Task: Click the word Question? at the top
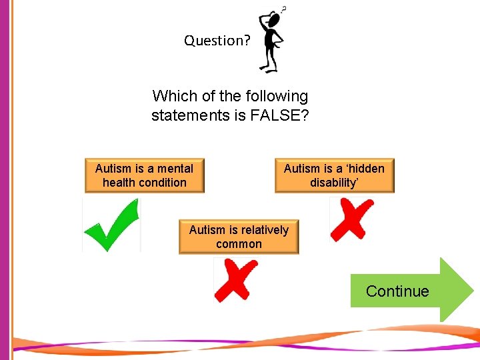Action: tap(217, 41)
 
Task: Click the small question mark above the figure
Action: tap(285, 9)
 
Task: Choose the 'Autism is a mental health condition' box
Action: tap(145, 175)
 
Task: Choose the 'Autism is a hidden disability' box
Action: tap(334, 175)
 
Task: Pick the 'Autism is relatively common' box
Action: tap(239, 237)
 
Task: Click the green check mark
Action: tap(111, 225)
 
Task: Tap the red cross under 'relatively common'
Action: tap(235, 279)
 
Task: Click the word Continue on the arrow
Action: tap(397, 291)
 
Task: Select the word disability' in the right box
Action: tap(334, 183)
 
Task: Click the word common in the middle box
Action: tap(239, 244)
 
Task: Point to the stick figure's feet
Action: tap(269, 69)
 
